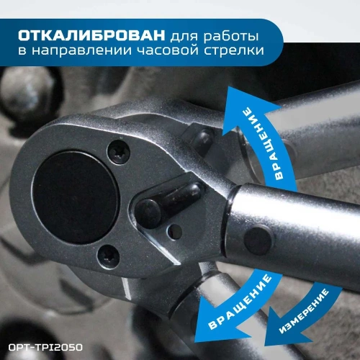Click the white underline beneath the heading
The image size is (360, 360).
(144, 68)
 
